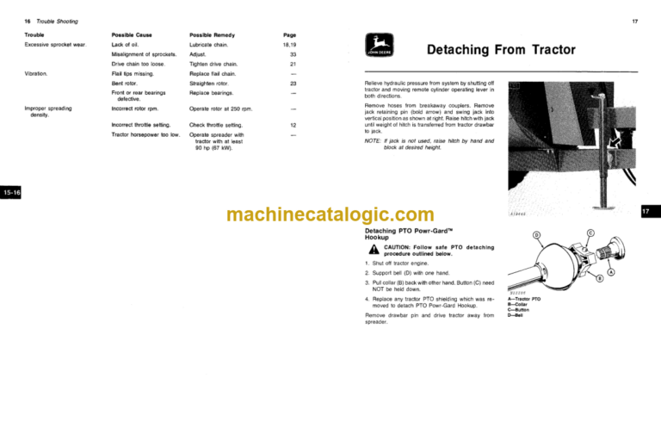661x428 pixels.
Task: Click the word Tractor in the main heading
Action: [x=544, y=50]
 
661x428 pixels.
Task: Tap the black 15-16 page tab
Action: [x=12, y=193]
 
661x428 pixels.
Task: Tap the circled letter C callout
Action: [x=590, y=233]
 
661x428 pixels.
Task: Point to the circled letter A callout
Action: [x=611, y=271]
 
